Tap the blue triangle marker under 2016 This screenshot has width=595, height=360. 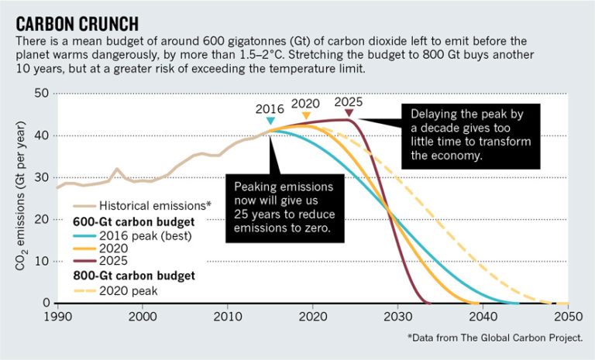pyautogui.click(x=270, y=121)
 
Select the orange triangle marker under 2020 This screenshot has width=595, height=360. pyautogui.click(x=306, y=116)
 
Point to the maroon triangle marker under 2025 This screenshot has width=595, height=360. pyautogui.click(x=349, y=113)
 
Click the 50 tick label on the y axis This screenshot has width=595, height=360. pyautogui.click(x=41, y=94)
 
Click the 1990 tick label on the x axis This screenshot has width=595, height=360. pyautogui.click(x=57, y=317)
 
